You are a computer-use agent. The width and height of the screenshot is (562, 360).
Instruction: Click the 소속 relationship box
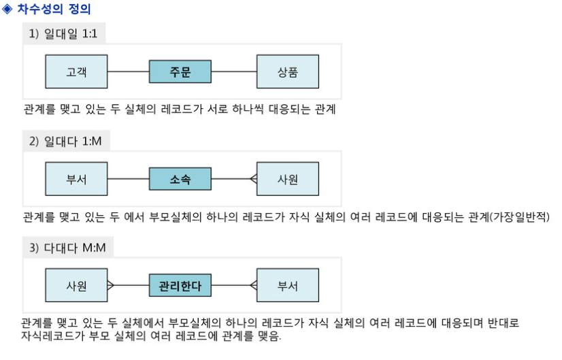click(180, 180)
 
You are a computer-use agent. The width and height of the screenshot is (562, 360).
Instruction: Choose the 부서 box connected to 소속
click(76, 180)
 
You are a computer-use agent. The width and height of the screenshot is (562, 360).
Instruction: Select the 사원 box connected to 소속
click(287, 180)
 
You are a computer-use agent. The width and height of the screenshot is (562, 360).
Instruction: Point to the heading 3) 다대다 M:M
click(67, 247)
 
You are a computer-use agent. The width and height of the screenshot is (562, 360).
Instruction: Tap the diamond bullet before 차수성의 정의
click(7, 10)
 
